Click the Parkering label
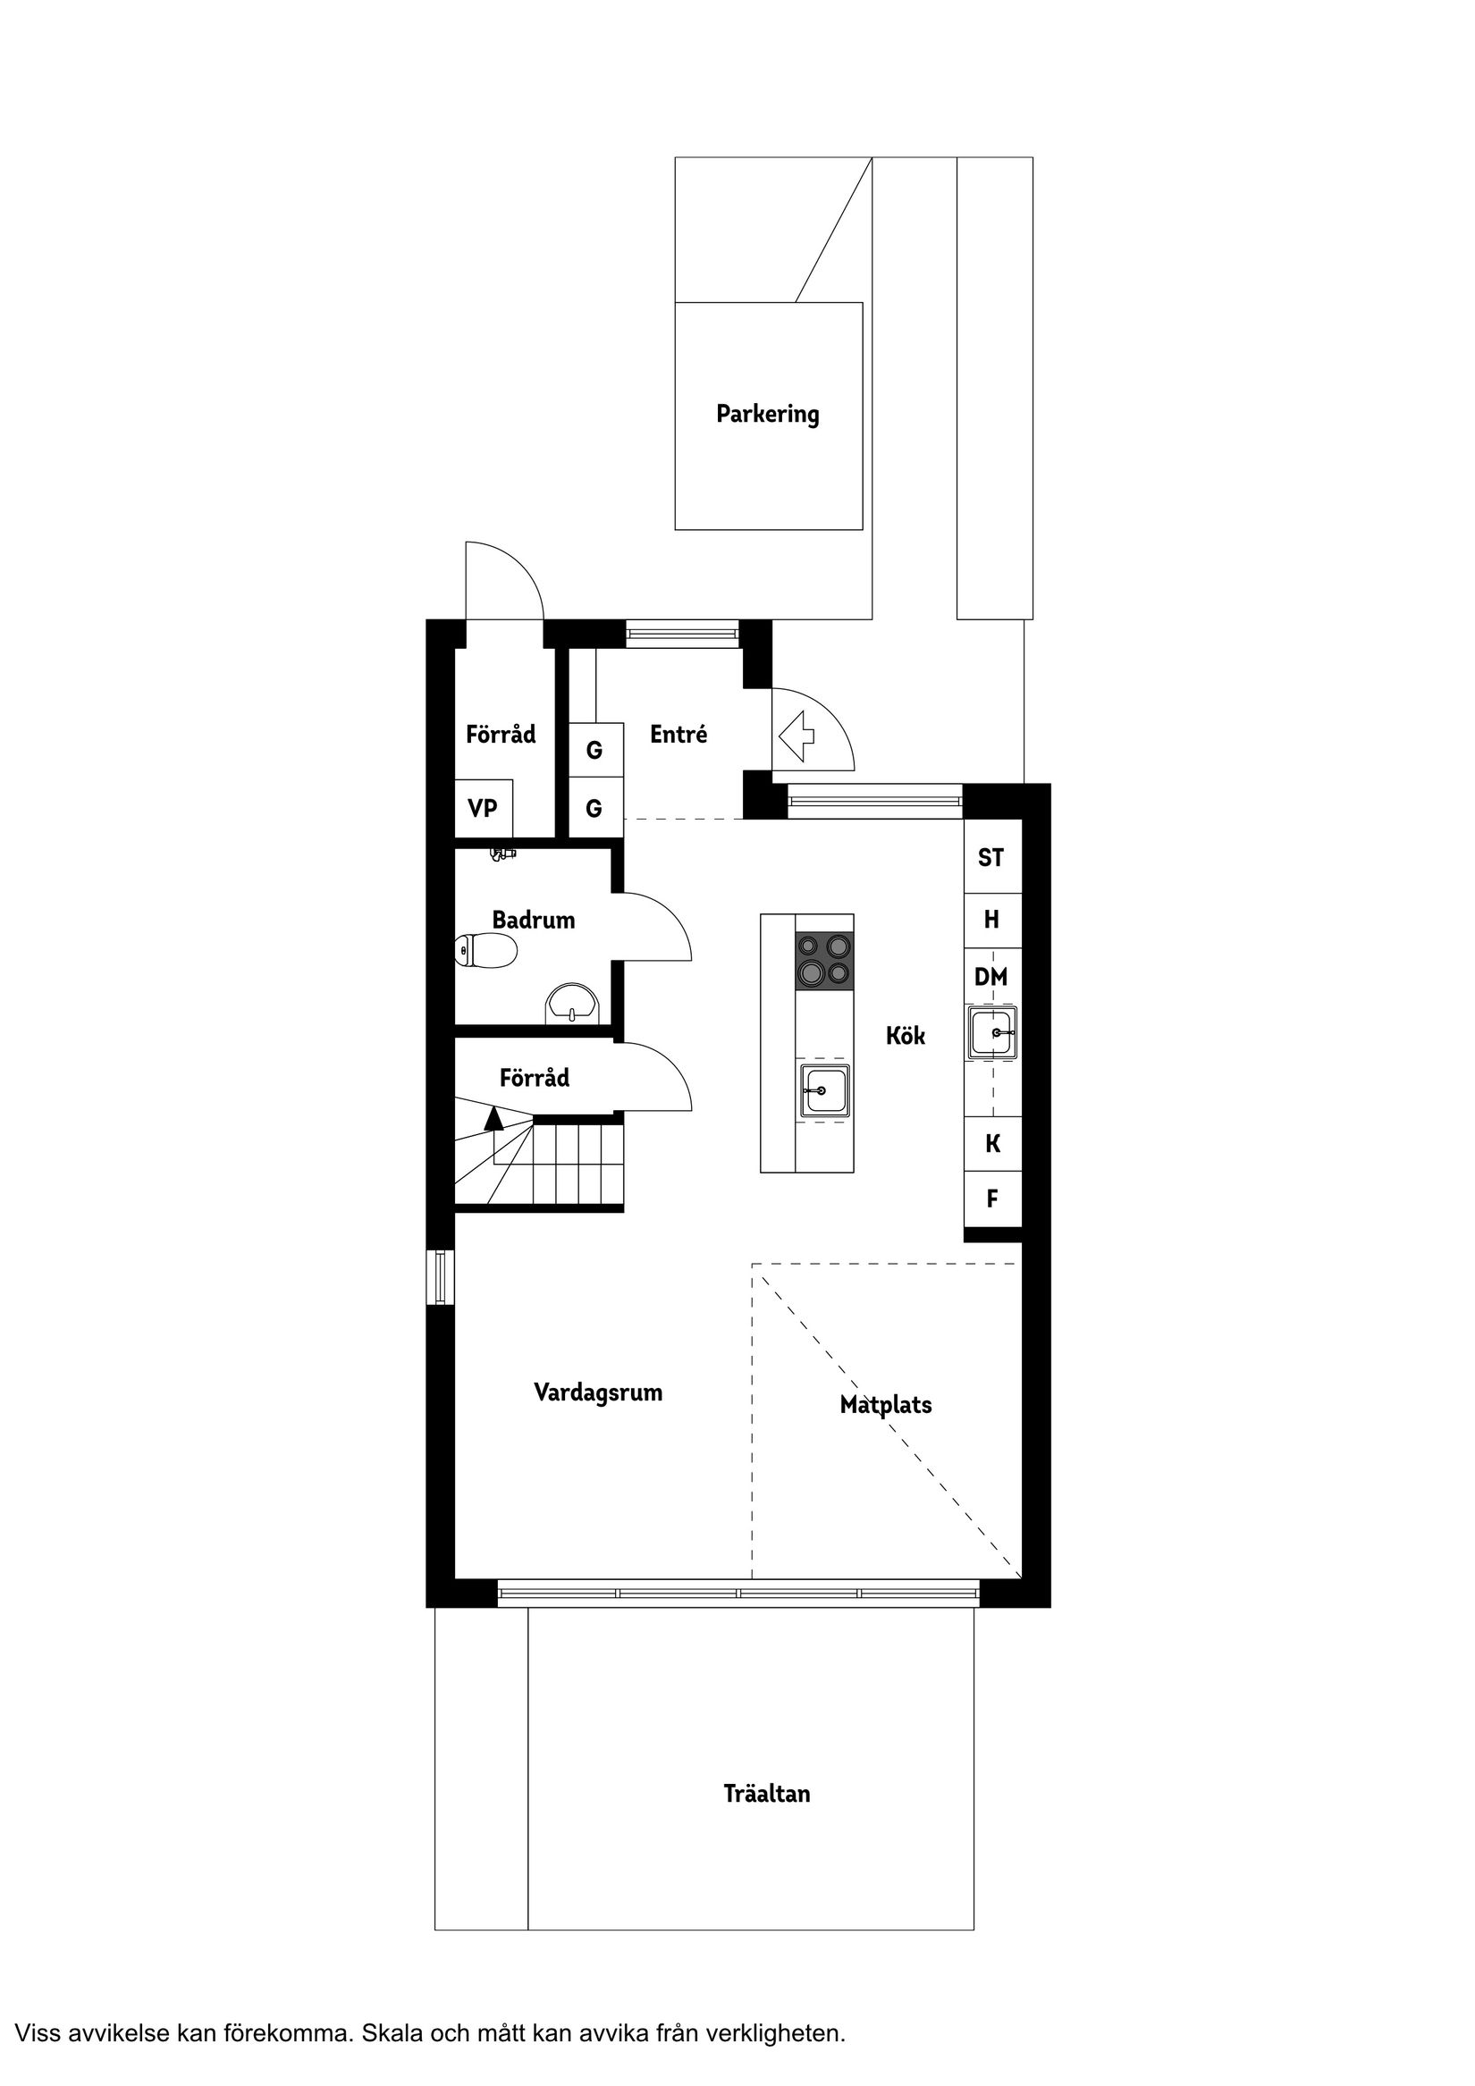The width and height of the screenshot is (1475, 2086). (767, 415)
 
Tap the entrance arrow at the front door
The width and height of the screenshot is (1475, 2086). (797, 736)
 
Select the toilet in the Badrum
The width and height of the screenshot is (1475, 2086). (486, 951)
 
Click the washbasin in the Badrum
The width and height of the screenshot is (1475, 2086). (572, 1005)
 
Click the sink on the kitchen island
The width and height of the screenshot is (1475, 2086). (824, 1090)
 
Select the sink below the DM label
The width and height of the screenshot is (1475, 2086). (992, 1032)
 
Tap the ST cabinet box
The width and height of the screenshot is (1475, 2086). (991, 858)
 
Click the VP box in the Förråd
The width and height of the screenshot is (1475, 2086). (483, 809)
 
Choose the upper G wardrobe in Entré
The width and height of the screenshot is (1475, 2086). (595, 751)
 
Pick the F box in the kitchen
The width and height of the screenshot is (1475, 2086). (992, 1199)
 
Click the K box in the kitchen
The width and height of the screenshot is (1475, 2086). (992, 1144)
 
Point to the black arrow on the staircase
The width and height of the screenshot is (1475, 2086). (493, 1119)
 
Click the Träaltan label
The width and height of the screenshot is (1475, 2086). (766, 1794)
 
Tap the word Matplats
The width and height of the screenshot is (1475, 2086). (885, 1406)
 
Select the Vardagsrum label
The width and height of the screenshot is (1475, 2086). (598, 1392)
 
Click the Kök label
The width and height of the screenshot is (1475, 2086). (906, 1036)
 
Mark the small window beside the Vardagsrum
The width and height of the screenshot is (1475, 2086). (441, 1277)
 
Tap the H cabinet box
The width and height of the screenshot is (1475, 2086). (991, 921)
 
